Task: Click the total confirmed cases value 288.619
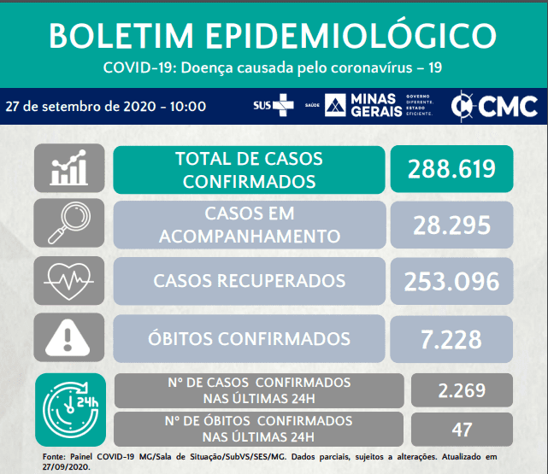(451, 169)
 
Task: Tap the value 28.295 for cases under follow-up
(452, 225)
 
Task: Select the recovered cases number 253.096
(452, 281)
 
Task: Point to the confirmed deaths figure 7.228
(451, 339)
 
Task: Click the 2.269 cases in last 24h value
(462, 390)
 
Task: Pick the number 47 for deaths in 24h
(462, 430)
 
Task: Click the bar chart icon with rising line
(69, 167)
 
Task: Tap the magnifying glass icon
(69, 223)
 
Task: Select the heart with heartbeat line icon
(69, 281)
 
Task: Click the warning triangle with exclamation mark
(68, 337)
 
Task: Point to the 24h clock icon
(70, 410)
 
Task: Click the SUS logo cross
(284, 105)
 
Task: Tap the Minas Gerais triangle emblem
(335, 105)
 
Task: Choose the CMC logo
(494, 106)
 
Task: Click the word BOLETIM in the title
(121, 36)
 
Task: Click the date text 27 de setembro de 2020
(80, 107)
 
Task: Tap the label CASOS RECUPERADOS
(249, 281)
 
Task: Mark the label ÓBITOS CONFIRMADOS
(249, 338)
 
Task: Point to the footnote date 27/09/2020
(66, 467)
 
